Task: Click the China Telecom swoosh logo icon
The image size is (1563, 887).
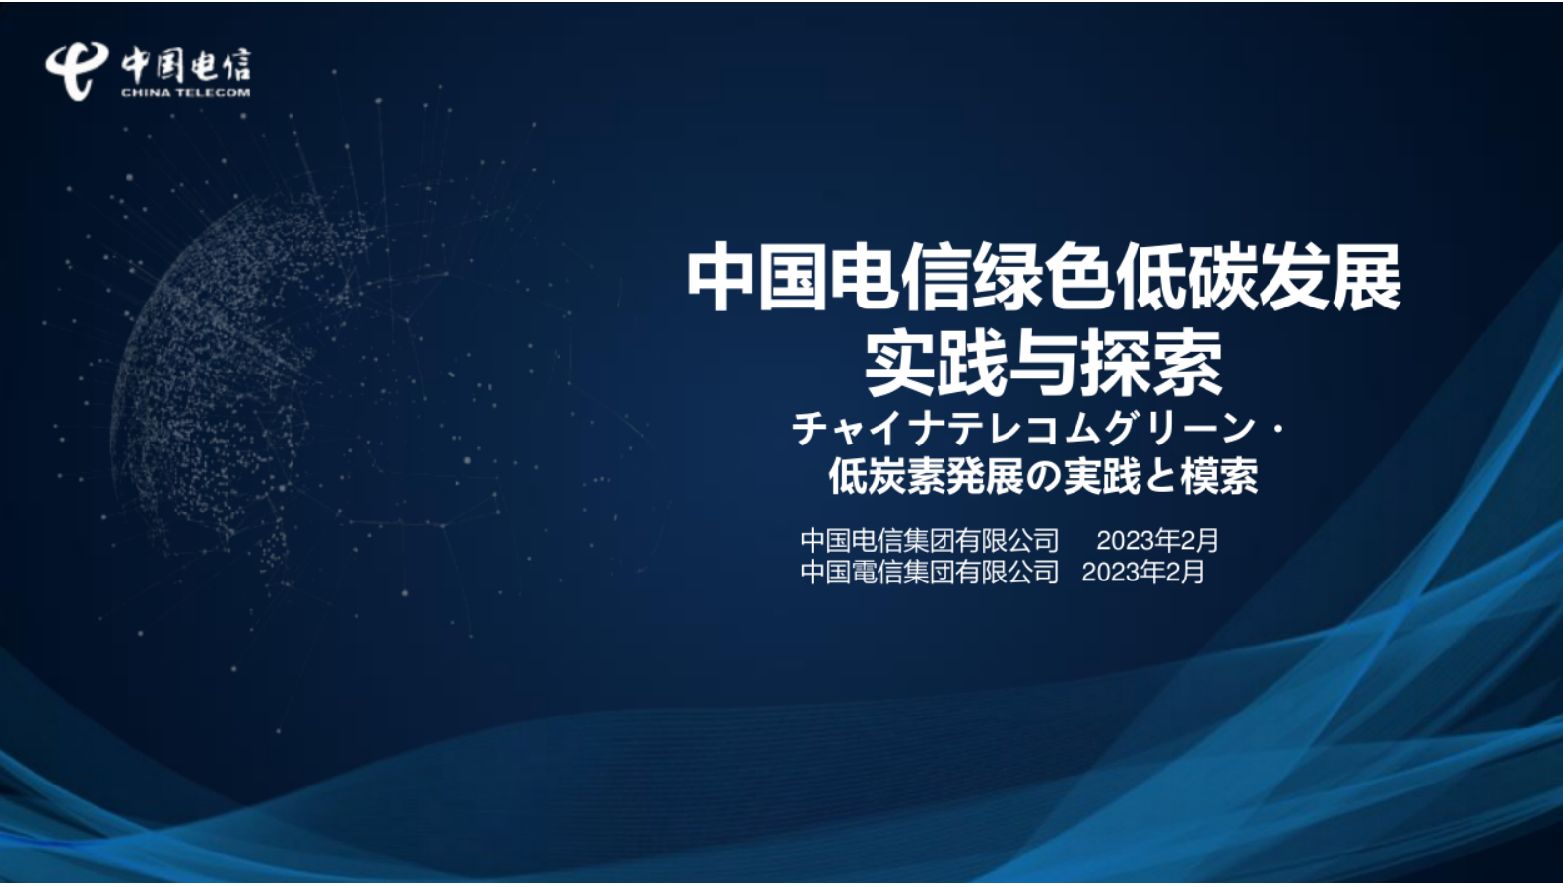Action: (x=77, y=70)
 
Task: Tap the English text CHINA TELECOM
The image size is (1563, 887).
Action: (x=185, y=93)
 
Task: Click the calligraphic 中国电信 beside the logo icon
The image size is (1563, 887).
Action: (x=186, y=65)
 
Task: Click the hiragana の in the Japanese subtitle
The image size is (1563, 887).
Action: (x=1042, y=478)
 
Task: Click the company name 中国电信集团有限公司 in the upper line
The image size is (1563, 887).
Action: (x=930, y=541)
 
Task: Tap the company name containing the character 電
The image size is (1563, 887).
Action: (x=930, y=572)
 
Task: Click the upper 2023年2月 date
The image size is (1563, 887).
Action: (x=1157, y=541)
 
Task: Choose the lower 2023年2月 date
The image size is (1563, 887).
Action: (x=1142, y=572)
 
